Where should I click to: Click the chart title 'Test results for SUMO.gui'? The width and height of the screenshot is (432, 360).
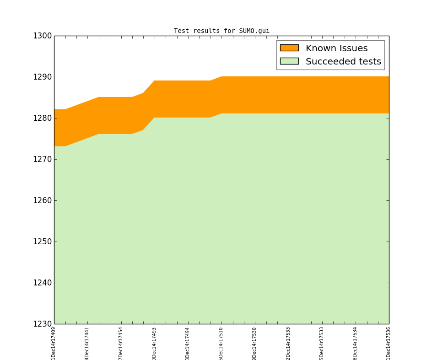(x=221, y=31)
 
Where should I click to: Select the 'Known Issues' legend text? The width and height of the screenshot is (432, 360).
(x=336, y=48)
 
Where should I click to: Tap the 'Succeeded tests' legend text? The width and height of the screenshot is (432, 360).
(x=343, y=61)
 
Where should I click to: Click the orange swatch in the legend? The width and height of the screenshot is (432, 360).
(x=289, y=48)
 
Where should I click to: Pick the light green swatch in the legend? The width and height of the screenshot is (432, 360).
(x=289, y=61)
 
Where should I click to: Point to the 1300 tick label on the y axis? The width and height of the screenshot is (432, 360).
(x=42, y=36)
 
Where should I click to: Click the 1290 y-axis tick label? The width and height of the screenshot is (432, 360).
(x=42, y=77)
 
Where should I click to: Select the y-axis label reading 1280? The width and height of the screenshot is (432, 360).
(x=42, y=118)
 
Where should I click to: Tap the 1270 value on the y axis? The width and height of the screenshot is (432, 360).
(x=42, y=159)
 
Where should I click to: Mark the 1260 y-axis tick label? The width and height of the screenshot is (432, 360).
(x=42, y=200)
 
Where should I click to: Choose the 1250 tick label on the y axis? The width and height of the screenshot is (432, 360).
(x=42, y=242)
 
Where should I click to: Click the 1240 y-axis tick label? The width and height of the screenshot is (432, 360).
(x=42, y=283)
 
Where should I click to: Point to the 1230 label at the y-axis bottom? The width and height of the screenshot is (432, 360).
(x=42, y=324)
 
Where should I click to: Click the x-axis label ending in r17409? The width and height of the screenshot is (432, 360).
(x=54, y=343)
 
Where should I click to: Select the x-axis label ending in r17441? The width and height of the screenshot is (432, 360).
(x=87, y=343)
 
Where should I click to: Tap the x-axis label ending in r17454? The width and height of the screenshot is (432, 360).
(x=121, y=343)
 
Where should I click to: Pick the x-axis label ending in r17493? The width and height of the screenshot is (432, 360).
(x=154, y=343)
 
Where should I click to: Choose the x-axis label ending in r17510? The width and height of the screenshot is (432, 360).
(x=221, y=343)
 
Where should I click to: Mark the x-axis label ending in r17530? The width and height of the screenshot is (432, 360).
(x=254, y=343)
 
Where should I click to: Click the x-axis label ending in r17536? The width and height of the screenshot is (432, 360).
(x=389, y=343)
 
